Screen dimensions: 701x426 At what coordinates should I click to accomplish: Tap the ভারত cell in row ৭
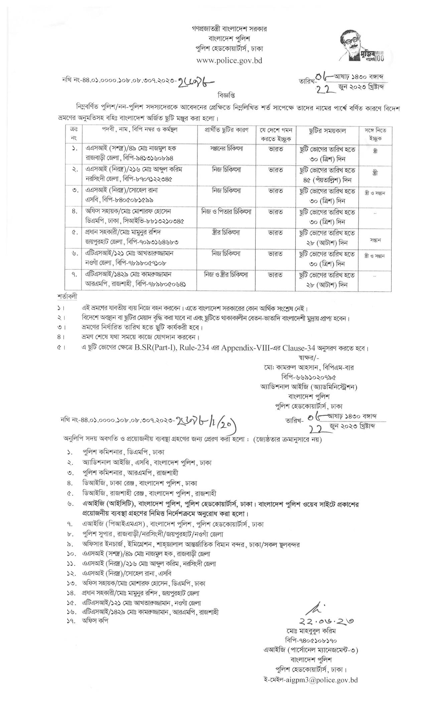click(x=276, y=274)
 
